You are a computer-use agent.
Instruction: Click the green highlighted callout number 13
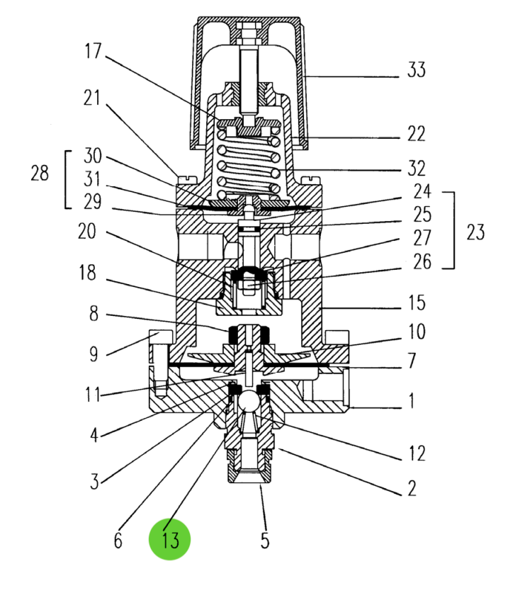pos(170,540)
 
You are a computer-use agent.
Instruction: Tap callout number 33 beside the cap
pos(416,71)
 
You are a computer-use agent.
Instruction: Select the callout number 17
pos(93,52)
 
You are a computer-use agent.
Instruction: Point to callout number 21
pos(93,98)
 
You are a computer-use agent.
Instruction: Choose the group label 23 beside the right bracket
pos(475,232)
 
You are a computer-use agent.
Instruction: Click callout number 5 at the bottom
pos(264,541)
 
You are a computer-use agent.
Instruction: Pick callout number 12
pos(416,453)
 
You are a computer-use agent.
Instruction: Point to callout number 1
pos(411,402)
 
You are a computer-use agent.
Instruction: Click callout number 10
pos(417,332)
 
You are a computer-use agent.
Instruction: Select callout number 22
pos(416,134)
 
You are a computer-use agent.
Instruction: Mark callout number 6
pos(118,541)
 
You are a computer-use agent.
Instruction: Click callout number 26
pos(422,262)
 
